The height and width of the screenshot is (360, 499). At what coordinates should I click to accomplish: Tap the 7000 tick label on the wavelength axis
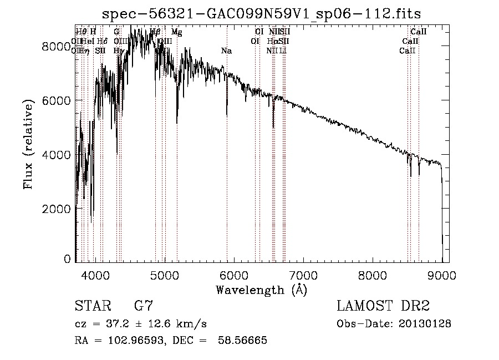point(303,275)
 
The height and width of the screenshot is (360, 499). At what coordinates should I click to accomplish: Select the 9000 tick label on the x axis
point(442,275)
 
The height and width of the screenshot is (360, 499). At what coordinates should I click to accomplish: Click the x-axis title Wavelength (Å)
point(261,289)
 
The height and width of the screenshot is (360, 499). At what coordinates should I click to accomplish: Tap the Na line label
point(226,51)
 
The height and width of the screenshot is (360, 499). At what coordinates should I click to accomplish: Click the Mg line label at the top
point(176,32)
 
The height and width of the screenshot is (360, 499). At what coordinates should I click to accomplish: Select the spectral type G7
point(143,306)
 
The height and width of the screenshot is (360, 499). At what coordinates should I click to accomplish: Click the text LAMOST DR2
point(383,306)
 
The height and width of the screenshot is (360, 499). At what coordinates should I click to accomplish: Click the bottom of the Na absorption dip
point(227,115)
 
